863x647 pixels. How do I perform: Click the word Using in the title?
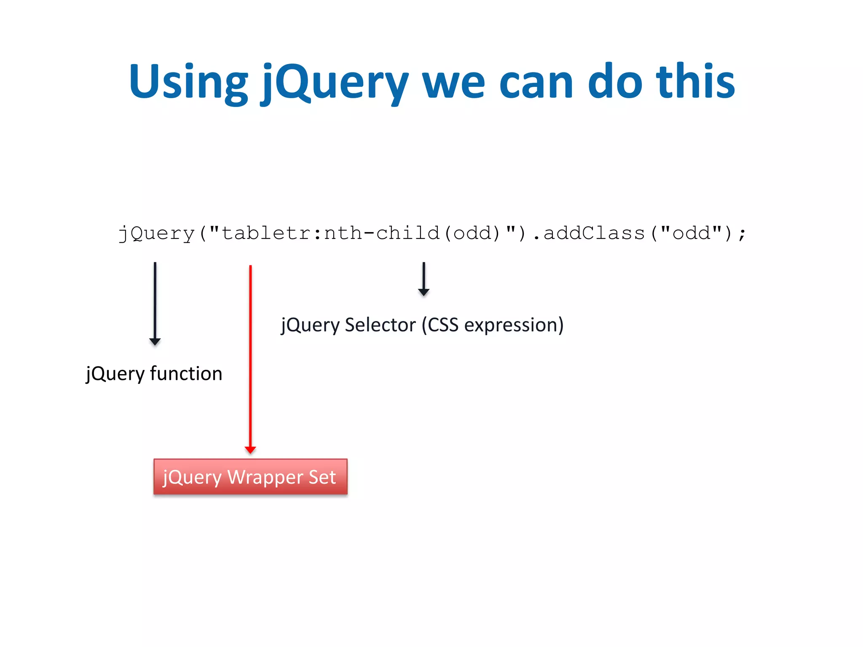coord(188,82)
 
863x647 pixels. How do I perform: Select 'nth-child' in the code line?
coord(382,233)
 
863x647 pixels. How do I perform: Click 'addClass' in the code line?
coord(594,233)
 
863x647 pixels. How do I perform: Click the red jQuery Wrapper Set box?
coord(250,476)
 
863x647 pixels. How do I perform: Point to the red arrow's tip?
coord(250,450)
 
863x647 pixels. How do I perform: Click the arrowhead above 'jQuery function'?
coord(155,341)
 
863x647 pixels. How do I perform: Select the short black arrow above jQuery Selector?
coord(423,279)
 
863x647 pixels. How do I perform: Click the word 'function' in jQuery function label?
coord(186,374)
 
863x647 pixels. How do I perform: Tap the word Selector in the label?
coord(380,325)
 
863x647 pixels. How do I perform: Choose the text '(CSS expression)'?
coord(493,325)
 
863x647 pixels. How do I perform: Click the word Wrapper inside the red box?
coord(265,477)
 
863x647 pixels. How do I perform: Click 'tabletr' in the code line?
coord(266,233)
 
